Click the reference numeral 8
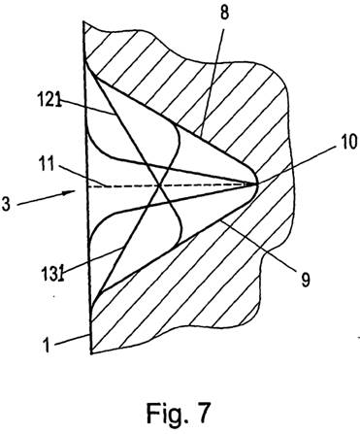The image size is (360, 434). pyautogui.click(x=224, y=14)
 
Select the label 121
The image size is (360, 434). pyautogui.click(x=49, y=99)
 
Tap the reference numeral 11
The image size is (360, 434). pyautogui.click(x=47, y=163)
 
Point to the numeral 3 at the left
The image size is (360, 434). pyautogui.click(x=6, y=204)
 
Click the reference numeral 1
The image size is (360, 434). pyautogui.click(x=48, y=346)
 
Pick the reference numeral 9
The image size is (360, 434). pyautogui.click(x=305, y=280)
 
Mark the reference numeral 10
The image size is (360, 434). pyautogui.click(x=347, y=142)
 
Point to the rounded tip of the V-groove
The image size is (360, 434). pyautogui.click(x=256, y=184)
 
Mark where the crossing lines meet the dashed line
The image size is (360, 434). pyautogui.click(x=159, y=185)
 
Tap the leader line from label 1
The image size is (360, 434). pyautogui.click(x=72, y=340)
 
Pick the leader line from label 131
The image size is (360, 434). pyautogui.click(x=92, y=259)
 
